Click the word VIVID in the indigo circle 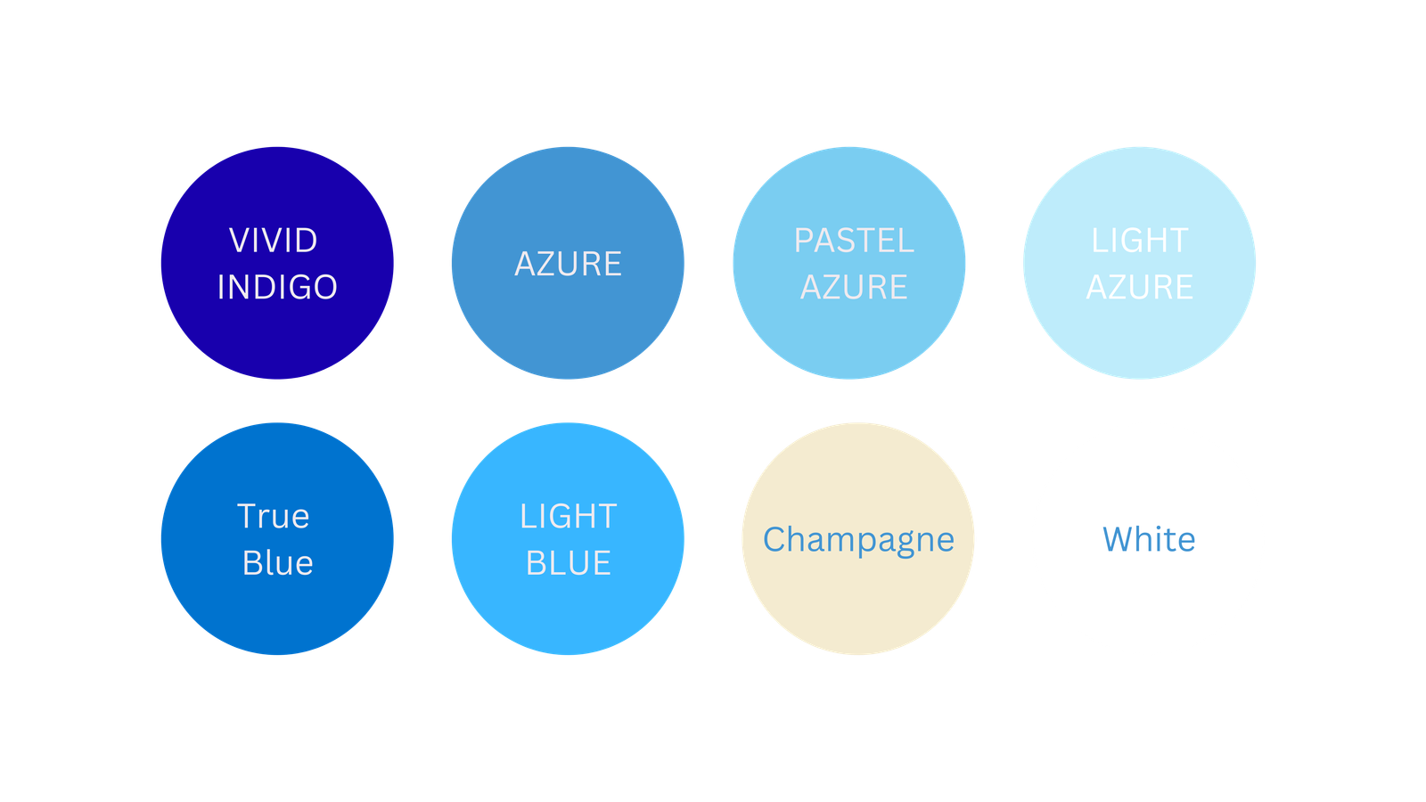pos(273,241)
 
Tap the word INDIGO pos(277,288)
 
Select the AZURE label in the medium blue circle pos(568,265)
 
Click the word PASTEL pos(854,241)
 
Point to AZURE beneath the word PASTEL pos(854,288)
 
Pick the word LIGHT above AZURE pos(1139,241)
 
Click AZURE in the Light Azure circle pos(1139,288)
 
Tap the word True pos(273,517)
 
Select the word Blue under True pos(277,563)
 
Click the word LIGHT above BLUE pos(568,517)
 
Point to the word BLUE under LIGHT pos(568,563)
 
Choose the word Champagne pos(858,540)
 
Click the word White pos(1149,540)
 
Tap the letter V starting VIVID pos(240,241)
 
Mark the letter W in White pos(1119,540)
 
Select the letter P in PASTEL pos(803,241)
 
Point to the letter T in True pos(247,517)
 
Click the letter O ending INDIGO pos(325,288)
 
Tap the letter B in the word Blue pos(252,563)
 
